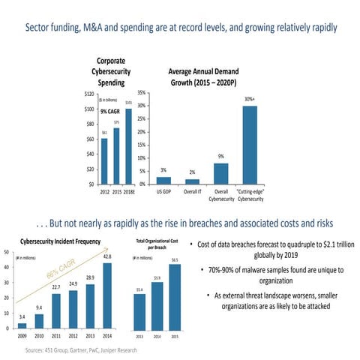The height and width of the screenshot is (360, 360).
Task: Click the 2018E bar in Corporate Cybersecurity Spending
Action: coord(128,148)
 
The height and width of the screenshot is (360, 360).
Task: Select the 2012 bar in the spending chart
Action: coord(104,161)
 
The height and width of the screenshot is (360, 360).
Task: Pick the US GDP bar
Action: coord(163,180)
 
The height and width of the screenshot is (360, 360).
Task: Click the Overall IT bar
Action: coord(192,181)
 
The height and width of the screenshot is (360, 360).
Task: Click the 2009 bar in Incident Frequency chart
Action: coord(22,325)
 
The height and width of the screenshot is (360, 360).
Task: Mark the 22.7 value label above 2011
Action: coord(55,286)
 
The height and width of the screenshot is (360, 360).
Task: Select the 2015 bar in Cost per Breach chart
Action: coord(175,296)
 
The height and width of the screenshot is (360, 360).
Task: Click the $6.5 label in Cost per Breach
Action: coord(175,260)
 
